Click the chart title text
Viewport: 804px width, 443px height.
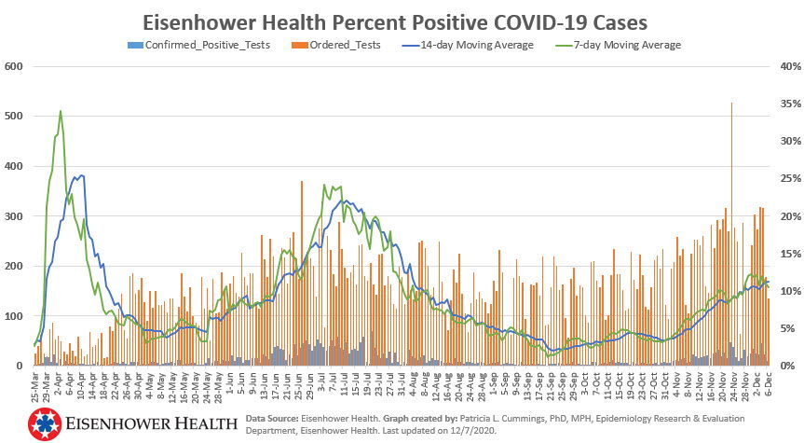tap(402, 21)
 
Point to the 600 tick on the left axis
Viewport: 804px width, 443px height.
tap(13, 66)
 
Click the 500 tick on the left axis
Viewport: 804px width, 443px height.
tap(13, 117)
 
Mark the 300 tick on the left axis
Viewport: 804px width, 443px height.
tap(13, 216)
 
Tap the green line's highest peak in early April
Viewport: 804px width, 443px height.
tap(61, 112)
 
